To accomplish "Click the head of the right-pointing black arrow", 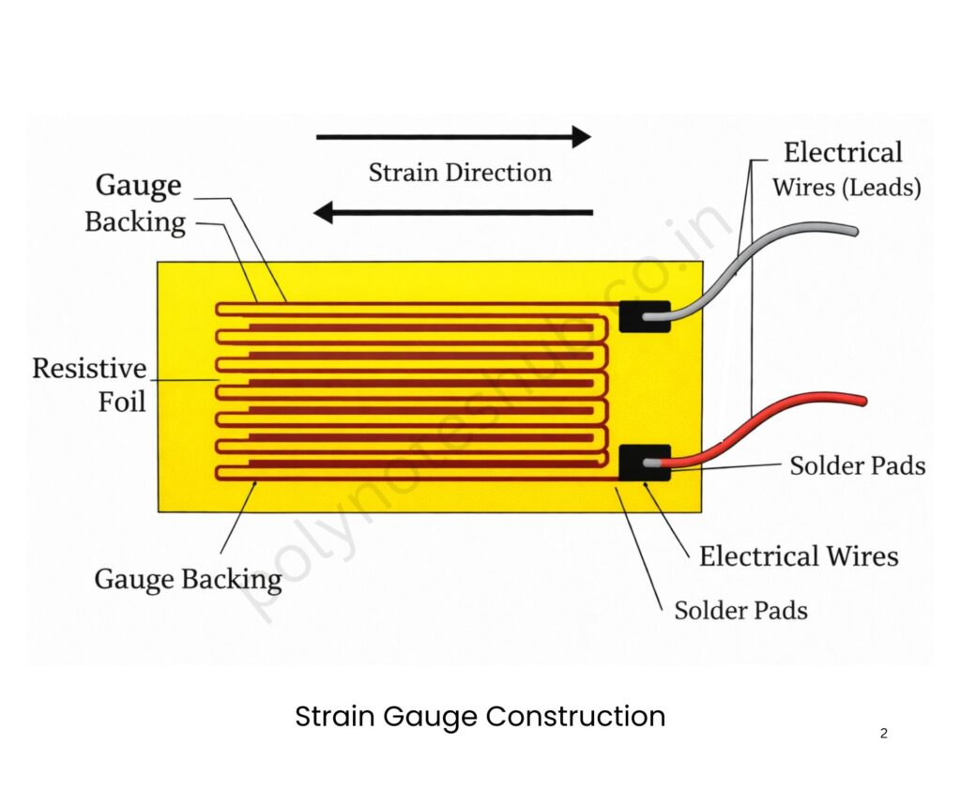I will point(580,137).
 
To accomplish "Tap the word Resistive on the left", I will point(89,368).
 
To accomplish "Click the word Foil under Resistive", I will point(123,402).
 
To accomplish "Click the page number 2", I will point(883,734).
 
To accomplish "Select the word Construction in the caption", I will point(575,717).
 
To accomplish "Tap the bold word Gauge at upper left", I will point(138,185).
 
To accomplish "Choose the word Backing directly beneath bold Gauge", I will point(135,222).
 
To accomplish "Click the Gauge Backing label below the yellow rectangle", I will point(188,579).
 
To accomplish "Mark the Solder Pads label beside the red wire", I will point(857,465).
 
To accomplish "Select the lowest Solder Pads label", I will point(740,611).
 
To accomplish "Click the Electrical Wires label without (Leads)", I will point(799,556).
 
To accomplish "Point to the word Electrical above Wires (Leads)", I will point(843,153).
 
